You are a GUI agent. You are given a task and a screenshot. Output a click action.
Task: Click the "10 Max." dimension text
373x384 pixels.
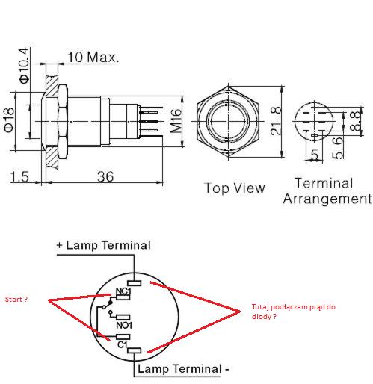(93, 57)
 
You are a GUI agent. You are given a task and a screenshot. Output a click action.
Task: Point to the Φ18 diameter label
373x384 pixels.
(9, 120)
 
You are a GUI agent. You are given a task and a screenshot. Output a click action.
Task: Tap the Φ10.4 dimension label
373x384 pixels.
(24, 66)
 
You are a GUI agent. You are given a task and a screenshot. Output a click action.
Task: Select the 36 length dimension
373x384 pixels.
(105, 176)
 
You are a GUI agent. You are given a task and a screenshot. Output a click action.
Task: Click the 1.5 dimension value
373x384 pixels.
(19, 176)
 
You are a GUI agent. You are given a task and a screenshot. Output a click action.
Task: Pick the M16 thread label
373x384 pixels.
(176, 120)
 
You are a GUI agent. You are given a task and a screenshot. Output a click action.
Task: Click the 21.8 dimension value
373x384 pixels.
(276, 121)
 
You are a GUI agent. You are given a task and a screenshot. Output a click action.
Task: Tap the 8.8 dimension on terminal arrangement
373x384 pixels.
(356, 121)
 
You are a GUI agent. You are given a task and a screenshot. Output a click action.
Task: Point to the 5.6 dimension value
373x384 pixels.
(338, 148)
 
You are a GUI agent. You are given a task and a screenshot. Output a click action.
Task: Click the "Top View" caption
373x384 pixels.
(235, 188)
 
